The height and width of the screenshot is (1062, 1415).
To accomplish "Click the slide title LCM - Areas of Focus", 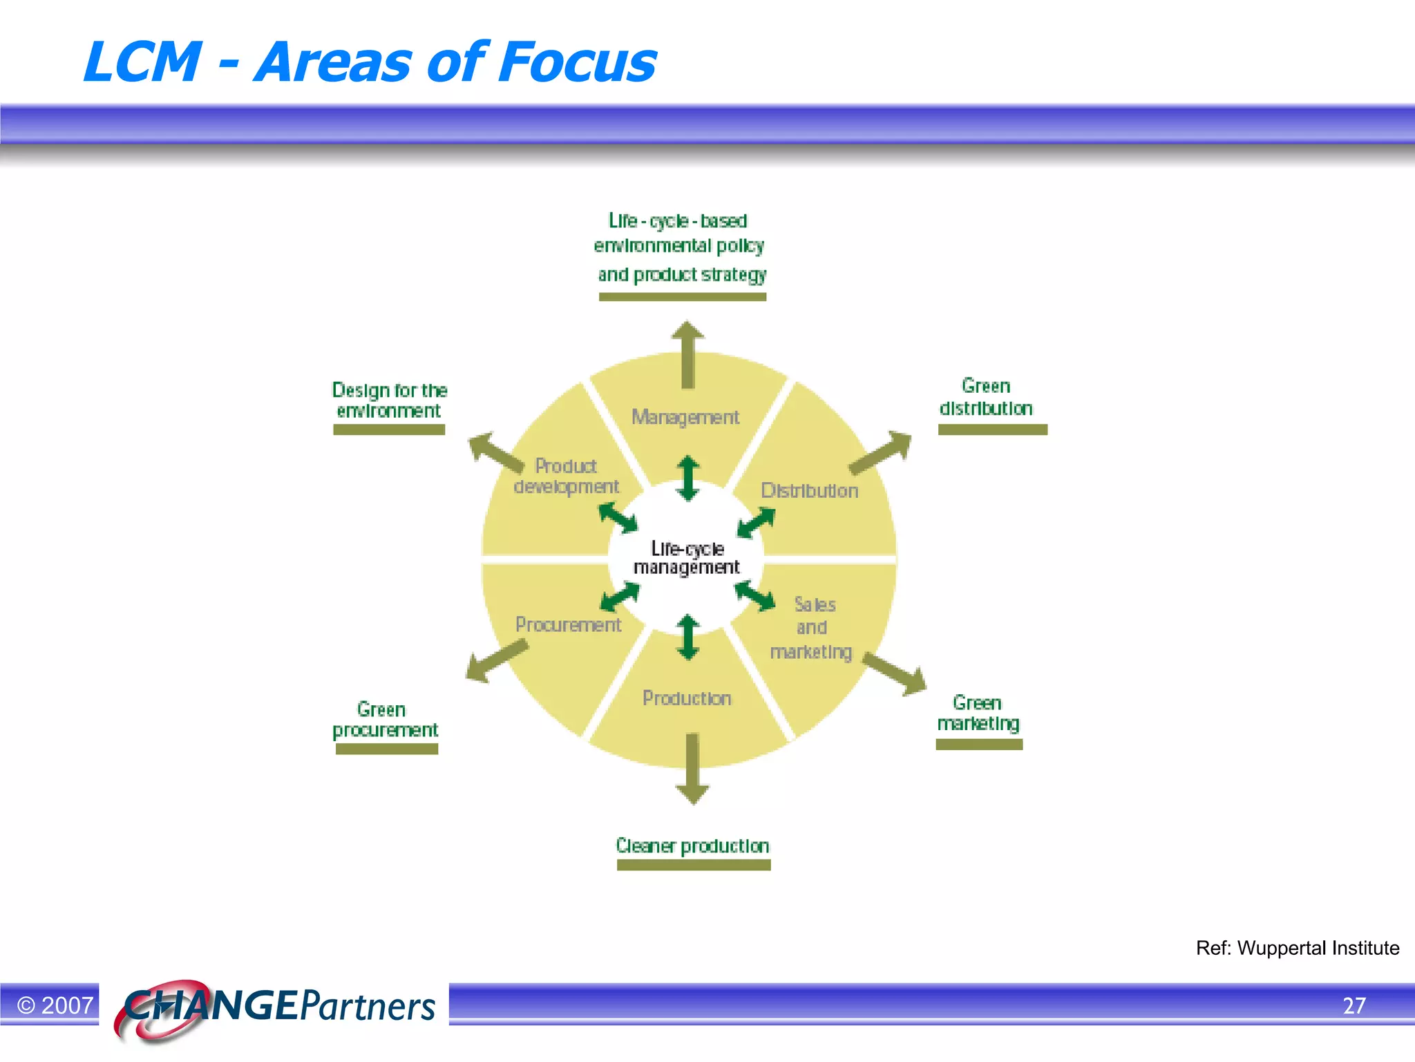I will [370, 62].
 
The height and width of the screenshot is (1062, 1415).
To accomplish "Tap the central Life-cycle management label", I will [687, 558].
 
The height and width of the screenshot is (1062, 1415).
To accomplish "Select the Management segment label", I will [685, 417].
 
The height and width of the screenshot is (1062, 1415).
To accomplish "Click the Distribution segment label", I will [809, 491].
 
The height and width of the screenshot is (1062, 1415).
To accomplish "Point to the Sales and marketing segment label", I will [813, 628].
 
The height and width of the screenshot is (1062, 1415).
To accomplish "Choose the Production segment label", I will [687, 698].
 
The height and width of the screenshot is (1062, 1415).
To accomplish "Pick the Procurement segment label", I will [568, 625].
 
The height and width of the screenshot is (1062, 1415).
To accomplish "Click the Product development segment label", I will [567, 476].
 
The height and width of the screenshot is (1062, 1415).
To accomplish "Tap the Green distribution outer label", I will [986, 398].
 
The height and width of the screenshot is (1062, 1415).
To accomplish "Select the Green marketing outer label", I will [978, 714].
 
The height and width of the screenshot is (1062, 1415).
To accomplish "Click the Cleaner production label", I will [692, 846].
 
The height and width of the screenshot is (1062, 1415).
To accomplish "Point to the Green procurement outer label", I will [385, 720].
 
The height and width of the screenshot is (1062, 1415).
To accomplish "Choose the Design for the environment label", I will [389, 400].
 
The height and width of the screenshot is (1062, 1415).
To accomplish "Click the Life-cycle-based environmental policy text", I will [680, 247].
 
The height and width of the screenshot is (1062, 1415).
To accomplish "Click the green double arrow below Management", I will [687, 478].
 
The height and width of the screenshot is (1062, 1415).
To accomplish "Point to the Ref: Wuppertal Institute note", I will [1297, 948].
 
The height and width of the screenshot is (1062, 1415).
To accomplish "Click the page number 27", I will [1354, 1005].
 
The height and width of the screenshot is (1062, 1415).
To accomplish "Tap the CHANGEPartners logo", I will [276, 1007].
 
